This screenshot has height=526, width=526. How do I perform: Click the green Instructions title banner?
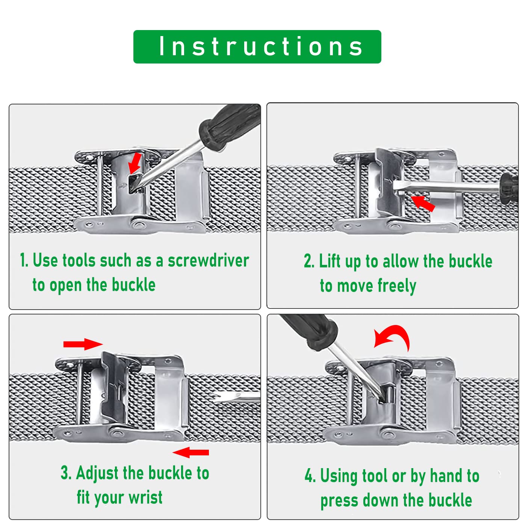coord(257,47)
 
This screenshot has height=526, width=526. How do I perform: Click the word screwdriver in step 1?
coord(208,260)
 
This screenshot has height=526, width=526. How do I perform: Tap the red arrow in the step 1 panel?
coord(135,163)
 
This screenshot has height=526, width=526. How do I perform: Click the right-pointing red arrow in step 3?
coord(83,344)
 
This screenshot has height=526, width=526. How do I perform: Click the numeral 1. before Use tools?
coord(24,260)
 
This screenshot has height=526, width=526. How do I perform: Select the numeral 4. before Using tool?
coord(310,476)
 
